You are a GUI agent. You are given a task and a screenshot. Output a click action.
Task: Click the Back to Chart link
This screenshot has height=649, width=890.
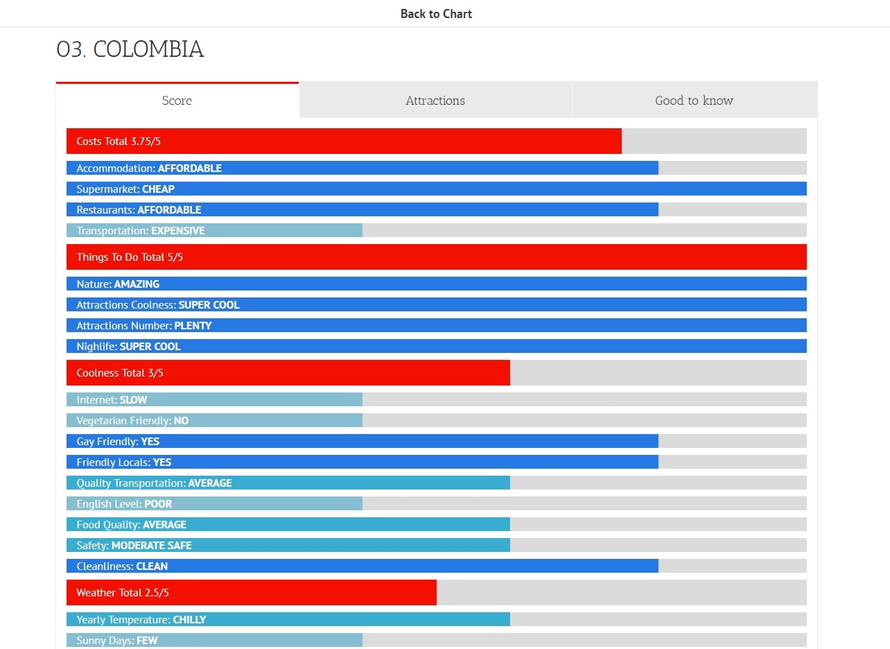[x=436, y=14]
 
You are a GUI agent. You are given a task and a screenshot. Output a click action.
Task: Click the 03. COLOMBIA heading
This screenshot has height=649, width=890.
[x=130, y=49]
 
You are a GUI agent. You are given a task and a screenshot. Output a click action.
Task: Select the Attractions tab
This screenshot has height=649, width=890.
[x=435, y=101]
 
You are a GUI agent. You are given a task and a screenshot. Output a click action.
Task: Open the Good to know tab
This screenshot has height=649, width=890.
[x=694, y=101]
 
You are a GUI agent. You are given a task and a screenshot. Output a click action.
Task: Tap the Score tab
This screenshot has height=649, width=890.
[x=177, y=101]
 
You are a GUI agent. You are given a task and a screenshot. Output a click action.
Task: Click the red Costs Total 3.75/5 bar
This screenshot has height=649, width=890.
[x=344, y=141]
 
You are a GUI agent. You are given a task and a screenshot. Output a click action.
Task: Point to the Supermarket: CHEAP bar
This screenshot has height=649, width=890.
[x=436, y=189]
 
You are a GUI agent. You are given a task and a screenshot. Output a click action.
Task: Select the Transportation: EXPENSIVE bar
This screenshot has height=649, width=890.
[x=214, y=230]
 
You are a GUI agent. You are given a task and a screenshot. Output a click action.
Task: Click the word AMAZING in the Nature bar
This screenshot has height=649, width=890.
[x=137, y=284]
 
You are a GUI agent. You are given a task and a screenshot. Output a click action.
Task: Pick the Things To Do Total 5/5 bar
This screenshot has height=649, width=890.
[x=436, y=257]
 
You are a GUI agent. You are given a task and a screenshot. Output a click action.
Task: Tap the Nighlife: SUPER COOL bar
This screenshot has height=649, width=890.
[x=436, y=347]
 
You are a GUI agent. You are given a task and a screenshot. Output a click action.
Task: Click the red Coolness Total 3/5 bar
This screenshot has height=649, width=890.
[x=288, y=373]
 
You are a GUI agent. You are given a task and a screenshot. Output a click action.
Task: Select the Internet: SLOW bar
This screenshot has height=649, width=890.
[x=214, y=400]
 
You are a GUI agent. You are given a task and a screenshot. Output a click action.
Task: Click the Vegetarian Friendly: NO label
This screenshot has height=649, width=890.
[x=132, y=421]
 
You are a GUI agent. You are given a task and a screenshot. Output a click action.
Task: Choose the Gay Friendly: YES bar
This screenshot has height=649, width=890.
[x=362, y=442]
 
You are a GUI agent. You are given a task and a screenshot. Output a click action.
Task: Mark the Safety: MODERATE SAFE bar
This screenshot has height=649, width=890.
[x=288, y=546]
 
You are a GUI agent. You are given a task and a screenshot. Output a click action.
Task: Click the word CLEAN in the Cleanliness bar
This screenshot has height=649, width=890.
[x=152, y=566]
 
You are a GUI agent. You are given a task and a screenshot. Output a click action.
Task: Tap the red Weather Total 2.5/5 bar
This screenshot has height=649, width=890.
[x=251, y=593]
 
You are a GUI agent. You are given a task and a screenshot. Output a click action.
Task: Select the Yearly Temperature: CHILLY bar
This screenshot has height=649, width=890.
[x=288, y=620]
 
